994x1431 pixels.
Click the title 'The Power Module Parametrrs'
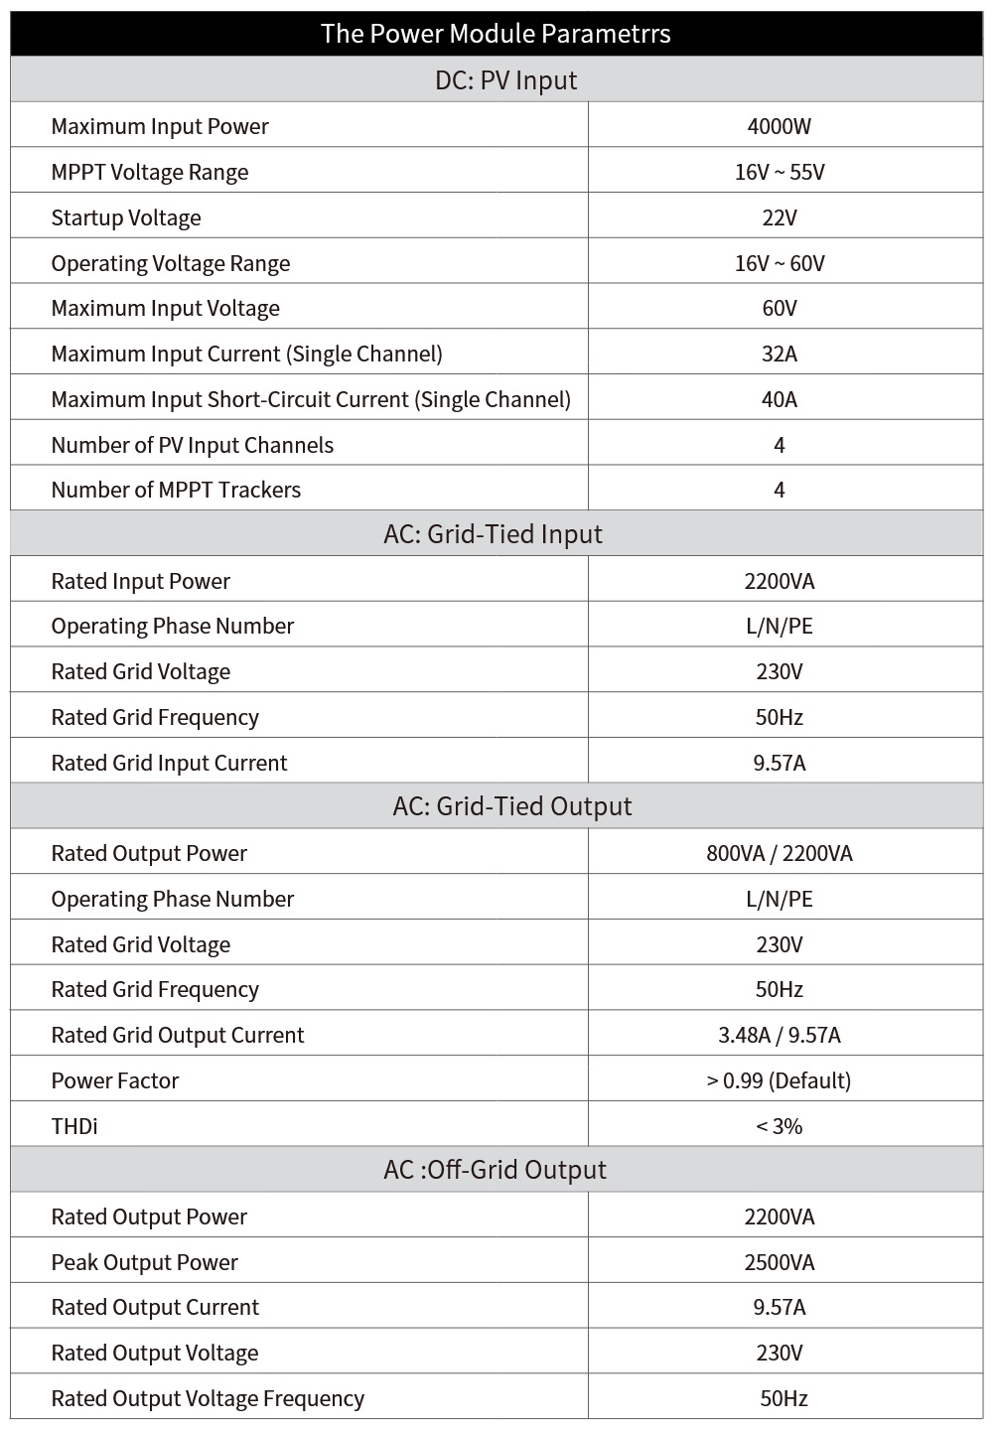pyautogui.click(x=496, y=34)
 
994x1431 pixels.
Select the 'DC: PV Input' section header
pyautogui.click(x=505, y=80)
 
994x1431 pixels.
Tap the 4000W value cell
pyautogui.click(x=780, y=126)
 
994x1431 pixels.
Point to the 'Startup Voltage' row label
pyautogui.click(x=126, y=217)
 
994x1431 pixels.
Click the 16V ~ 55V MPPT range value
pyautogui.click(x=780, y=172)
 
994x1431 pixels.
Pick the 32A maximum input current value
pyautogui.click(x=780, y=354)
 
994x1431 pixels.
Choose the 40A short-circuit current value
pyautogui.click(x=780, y=399)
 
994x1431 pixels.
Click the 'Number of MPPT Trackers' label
pyautogui.click(x=176, y=490)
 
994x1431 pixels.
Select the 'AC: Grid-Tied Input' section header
pyautogui.click(x=493, y=534)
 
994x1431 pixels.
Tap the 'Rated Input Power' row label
pyautogui.click(x=141, y=581)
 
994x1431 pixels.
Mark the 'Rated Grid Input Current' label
pyautogui.click(x=169, y=763)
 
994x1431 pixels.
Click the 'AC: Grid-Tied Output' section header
pyautogui.click(x=512, y=806)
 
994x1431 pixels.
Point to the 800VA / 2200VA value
pyautogui.click(x=780, y=853)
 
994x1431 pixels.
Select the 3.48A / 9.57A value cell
pyautogui.click(x=780, y=1035)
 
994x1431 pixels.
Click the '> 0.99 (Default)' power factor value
pyautogui.click(x=780, y=1080)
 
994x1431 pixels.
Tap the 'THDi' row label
pyautogui.click(x=74, y=1126)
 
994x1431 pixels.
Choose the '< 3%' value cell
pyautogui.click(x=780, y=1126)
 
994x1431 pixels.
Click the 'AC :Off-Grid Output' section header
pyautogui.click(x=495, y=1170)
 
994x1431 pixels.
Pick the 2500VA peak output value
pyautogui.click(x=780, y=1262)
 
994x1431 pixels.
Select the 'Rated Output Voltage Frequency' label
pyautogui.click(x=208, y=1398)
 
